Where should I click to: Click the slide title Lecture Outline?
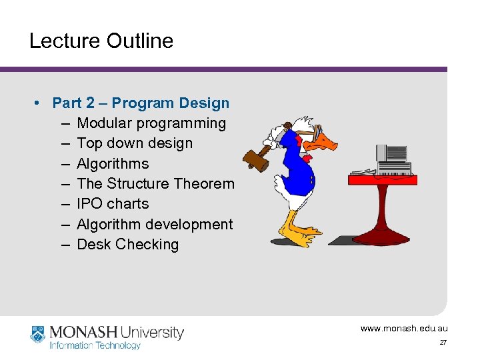coord(101,41)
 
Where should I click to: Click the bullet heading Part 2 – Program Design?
coord(141,103)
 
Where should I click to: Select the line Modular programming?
coord(151,123)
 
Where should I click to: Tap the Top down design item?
coord(135,143)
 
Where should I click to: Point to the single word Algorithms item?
coord(113,164)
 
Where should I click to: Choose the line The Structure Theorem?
coord(155,184)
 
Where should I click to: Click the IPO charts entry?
coord(113,204)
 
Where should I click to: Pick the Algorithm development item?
coord(155,225)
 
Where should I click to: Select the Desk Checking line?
coord(128,245)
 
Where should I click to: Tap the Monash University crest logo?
coord(38,335)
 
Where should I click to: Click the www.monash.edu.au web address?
coord(404,329)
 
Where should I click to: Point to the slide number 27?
coord(443,343)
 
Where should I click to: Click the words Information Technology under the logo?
coord(95,345)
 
